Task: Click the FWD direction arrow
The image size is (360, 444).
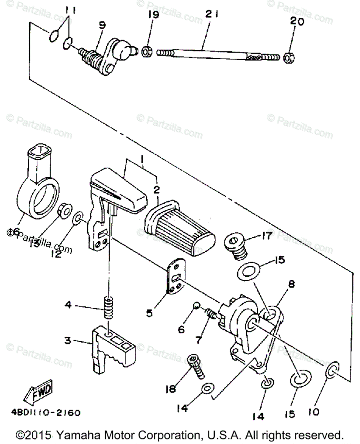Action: click(x=39, y=391)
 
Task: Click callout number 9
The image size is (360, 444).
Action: click(x=102, y=25)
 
